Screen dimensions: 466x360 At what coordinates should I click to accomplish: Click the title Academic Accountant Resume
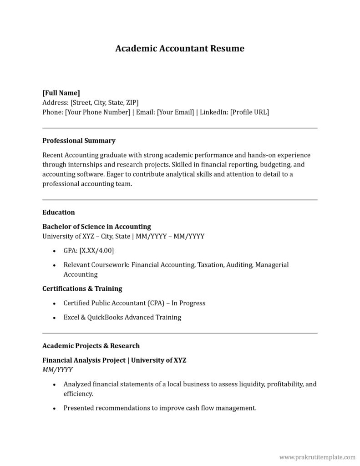pyautogui.click(x=180, y=48)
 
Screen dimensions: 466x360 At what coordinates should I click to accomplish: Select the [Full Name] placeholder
pyautogui.click(x=61, y=92)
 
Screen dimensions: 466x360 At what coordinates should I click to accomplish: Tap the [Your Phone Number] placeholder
pyautogui.click(x=98, y=111)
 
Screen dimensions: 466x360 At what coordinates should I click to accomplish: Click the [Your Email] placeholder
pyautogui.click(x=175, y=111)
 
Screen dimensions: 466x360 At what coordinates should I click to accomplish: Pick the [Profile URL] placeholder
pyautogui.click(x=249, y=111)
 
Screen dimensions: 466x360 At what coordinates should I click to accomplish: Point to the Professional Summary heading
pyautogui.click(x=79, y=141)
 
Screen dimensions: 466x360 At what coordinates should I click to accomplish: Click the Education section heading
pyautogui.click(x=58, y=212)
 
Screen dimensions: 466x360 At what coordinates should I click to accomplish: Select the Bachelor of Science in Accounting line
pyautogui.click(x=96, y=227)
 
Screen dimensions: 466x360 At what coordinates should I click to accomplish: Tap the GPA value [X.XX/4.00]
pyautogui.click(x=96, y=250)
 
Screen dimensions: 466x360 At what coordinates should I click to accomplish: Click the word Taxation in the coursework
pyautogui.click(x=210, y=265)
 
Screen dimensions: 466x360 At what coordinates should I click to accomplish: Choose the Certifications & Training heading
pyautogui.click(x=82, y=289)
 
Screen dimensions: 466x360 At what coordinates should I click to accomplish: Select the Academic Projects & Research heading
pyautogui.click(x=91, y=346)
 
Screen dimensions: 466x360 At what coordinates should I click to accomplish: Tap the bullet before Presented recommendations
pyautogui.click(x=55, y=408)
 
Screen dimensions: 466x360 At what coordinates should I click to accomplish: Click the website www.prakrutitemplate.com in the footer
pyautogui.click(x=317, y=456)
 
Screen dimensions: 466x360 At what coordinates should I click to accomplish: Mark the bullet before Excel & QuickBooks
pyautogui.click(x=55, y=318)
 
